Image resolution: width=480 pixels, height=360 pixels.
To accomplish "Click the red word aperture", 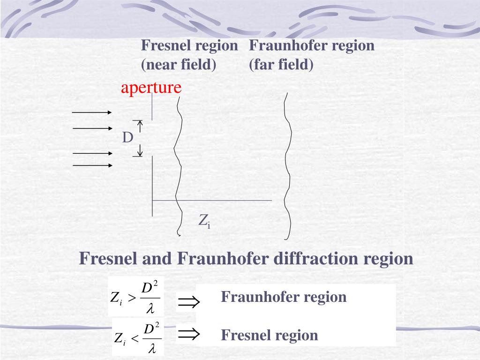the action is pyautogui.click(x=151, y=88).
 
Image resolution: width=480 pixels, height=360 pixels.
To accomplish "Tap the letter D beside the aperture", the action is pyautogui.click(x=127, y=138).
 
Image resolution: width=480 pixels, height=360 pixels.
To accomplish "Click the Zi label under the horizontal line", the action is pyautogui.click(x=204, y=220).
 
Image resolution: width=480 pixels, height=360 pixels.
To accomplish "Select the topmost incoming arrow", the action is pyautogui.click(x=91, y=112).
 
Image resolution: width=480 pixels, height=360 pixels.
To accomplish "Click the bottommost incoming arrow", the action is pyautogui.click(x=92, y=165).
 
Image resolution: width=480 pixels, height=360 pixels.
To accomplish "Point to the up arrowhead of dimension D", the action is pyautogui.click(x=140, y=124).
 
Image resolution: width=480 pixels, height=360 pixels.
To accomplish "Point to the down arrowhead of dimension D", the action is pyautogui.click(x=140, y=152).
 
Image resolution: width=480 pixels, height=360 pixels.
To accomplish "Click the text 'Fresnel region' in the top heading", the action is pyautogui.click(x=189, y=46).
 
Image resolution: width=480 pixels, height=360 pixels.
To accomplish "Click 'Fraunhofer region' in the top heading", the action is pyautogui.click(x=312, y=46).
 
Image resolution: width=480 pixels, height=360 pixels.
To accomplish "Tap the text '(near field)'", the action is pyautogui.click(x=179, y=64).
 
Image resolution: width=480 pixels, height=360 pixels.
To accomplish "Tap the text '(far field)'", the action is pyautogui.click(x=281, y=64).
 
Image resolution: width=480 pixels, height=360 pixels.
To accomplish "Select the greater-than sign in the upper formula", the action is pyautogui.click(x=132, y=298).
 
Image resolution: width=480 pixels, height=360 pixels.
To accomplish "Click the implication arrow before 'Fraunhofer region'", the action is pyautogui.click(x=189, y=302).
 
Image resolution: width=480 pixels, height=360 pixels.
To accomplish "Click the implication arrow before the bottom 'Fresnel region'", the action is pyautogui.click(x=189, y=334).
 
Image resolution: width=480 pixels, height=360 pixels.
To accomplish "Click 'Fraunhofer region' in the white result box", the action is pyautogui.click(x=284, y=297).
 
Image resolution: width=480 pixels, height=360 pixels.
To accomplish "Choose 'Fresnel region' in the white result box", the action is pyautogui.click(x=270, y=335).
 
